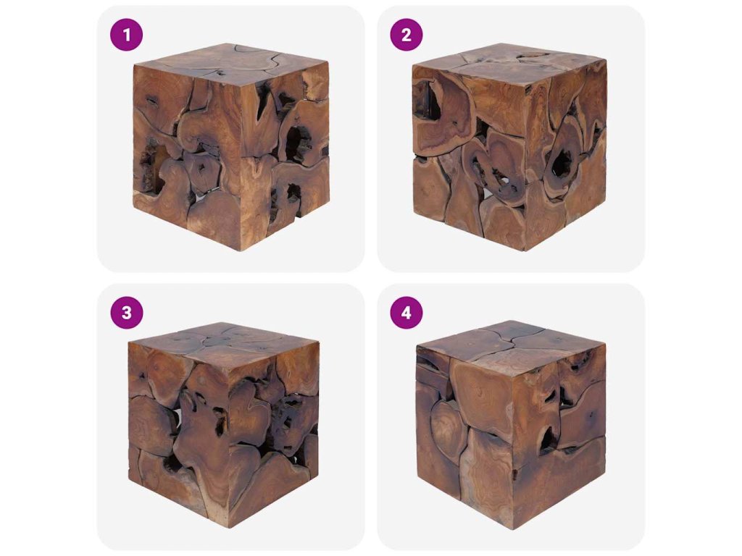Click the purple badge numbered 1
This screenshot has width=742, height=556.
[x=126, y=35]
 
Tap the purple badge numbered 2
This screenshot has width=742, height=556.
[x=406, y=35]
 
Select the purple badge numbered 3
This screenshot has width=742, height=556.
[x=126, y=313]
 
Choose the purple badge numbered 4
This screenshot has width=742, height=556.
[x=406, y=313]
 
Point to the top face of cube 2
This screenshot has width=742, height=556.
[x=511, y=64]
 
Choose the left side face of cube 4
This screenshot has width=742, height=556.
[x=466, y=437]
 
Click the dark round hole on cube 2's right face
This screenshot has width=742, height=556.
[x=562, y=163]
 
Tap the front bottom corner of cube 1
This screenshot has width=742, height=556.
[x=241, y=250]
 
